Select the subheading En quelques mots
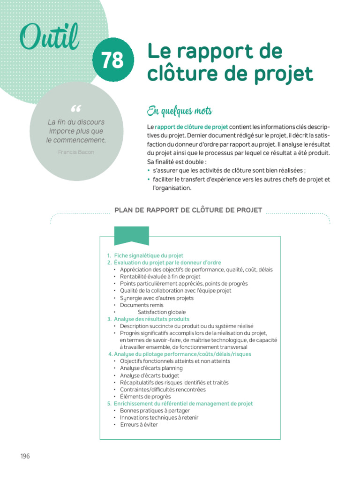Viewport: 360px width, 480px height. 180,111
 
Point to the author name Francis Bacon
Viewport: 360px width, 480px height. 76,152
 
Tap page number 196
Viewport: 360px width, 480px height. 25,456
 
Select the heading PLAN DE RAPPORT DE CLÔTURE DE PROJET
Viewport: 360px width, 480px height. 188,210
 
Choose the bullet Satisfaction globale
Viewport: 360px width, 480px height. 162,312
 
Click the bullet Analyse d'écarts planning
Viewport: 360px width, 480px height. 151,368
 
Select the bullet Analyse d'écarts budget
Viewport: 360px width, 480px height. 149,375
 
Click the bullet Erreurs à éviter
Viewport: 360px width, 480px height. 139,425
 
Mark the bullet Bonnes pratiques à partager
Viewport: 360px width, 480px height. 152,411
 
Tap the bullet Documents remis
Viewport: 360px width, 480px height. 142,305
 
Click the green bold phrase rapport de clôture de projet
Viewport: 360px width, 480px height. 192,127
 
